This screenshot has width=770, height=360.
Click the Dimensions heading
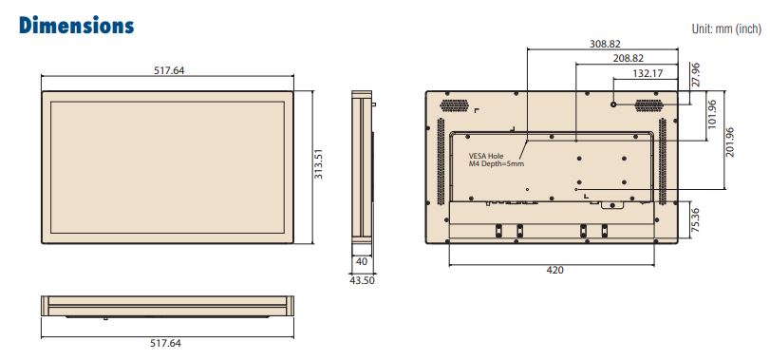pos(76,25)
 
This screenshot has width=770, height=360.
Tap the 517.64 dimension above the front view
pos(169,70)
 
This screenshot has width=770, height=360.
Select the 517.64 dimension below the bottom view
pos(165,343)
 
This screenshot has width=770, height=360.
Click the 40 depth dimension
pos(362,262)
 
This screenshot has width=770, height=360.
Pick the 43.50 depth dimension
pos(361,281)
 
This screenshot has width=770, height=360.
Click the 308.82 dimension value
pos(605,44)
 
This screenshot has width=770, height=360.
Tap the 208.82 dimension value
pos(629,59)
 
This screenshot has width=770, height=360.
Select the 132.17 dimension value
pos(648,74)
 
